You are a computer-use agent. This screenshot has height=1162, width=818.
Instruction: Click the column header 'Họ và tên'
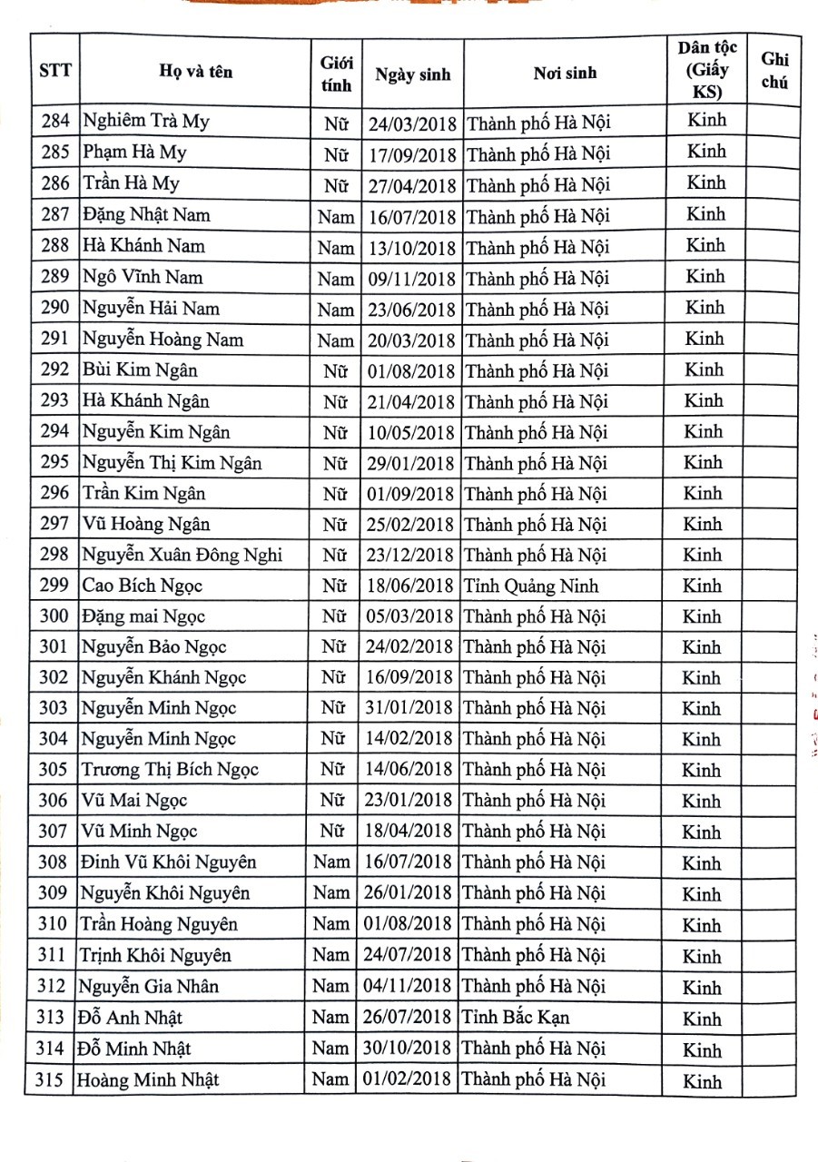195,72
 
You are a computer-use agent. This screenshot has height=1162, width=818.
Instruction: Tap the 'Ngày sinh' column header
412,74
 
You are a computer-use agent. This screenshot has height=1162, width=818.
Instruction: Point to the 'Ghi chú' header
774,70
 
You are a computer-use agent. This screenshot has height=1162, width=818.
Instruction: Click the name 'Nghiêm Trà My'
146,121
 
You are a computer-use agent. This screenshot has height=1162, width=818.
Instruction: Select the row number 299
54,586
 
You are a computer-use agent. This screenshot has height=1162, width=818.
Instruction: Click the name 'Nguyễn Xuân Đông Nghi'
182,555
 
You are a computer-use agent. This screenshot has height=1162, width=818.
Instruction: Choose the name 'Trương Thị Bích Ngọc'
170,770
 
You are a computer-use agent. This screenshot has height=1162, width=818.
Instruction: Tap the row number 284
54,121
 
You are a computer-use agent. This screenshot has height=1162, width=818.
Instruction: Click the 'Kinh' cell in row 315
702,1081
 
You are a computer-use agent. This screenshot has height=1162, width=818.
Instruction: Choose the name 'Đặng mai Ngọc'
143,616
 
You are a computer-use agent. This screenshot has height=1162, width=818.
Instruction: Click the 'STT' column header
55,71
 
